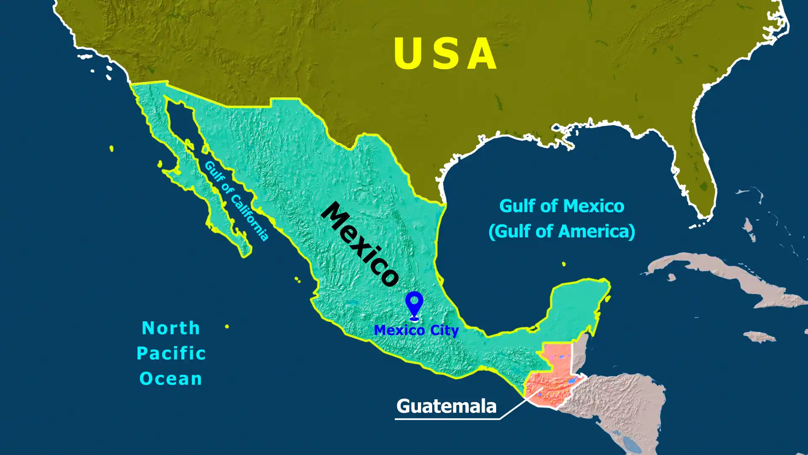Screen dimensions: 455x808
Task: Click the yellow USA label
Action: (x=445, y=54)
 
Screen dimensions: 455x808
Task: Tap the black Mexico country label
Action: (x=360, y=244)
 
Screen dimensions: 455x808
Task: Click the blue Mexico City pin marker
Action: (x=414, y=304)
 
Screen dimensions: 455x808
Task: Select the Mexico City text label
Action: (x=416, y=330)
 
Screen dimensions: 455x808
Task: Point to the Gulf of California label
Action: (x=236, y=201)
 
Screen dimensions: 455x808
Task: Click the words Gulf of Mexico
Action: (x=561, y=206)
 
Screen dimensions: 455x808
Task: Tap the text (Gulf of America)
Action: (x=561, y=231)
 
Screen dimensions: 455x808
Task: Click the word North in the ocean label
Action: (x=171, y=328)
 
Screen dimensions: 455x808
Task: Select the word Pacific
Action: (x=171, y=353)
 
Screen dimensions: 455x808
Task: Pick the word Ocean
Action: (x=171, y=378)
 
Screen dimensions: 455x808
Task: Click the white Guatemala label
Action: (x=446, y=406)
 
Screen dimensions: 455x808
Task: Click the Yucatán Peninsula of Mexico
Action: (x=579, y=308)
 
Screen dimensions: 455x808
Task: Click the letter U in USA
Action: (x=407, y=54)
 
